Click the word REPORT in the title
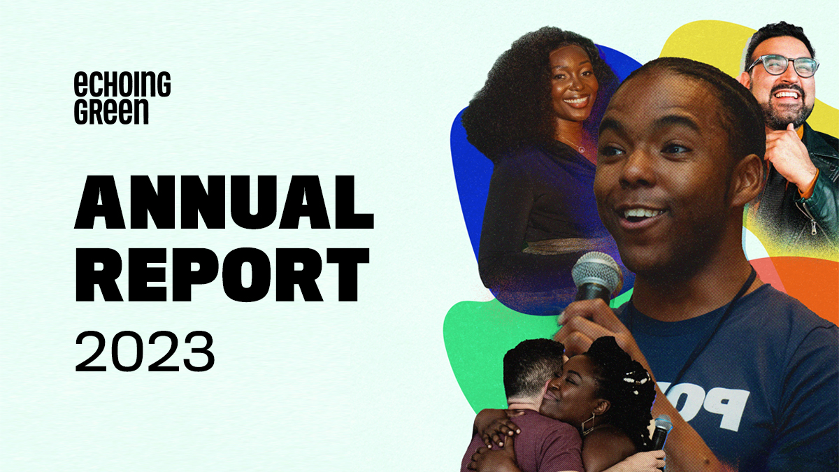point(222,274)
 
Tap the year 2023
point(145,352)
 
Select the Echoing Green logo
point(122,98)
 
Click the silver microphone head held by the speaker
point(596,274)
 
